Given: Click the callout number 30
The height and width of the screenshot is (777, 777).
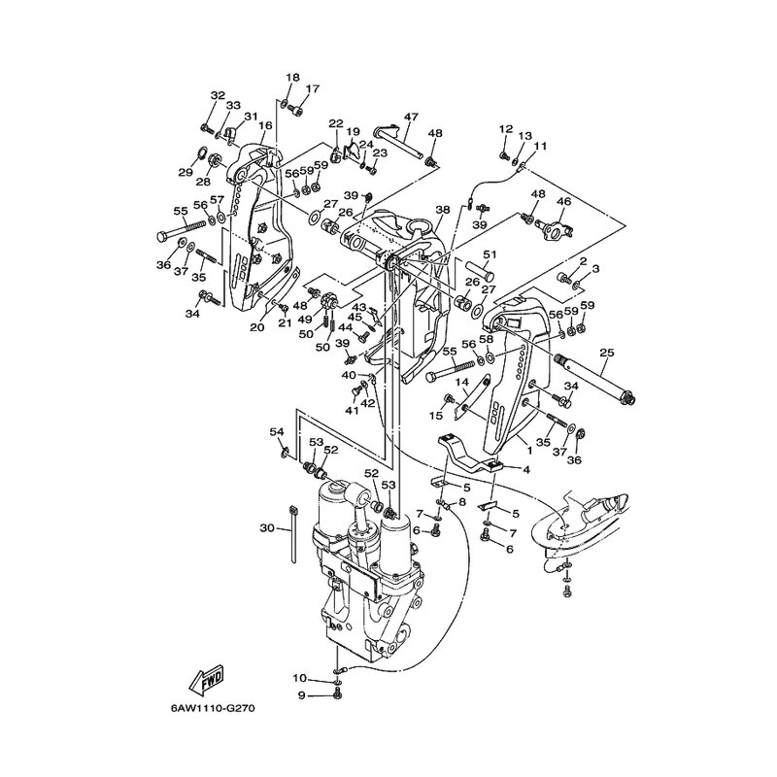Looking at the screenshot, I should coord(267,527).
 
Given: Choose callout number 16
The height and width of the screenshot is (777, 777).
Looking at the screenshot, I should coord(264,125).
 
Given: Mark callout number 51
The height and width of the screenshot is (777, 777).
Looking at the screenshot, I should coord(490,254).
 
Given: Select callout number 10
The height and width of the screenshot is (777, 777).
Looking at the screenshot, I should coord(300,677).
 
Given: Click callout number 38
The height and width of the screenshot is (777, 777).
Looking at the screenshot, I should coord(442,209).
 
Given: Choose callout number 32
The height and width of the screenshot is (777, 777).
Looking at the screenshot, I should coord(217,94).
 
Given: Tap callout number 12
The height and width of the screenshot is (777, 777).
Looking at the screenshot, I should coord(506,129).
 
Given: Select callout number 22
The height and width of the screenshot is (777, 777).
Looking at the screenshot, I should coord(335,123).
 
